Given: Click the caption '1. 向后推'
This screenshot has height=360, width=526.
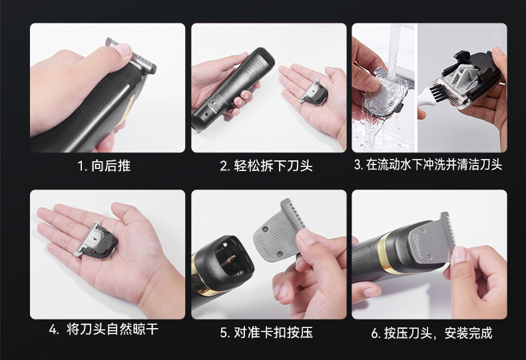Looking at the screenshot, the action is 104,166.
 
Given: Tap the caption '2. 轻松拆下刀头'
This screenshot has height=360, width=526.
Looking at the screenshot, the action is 266,166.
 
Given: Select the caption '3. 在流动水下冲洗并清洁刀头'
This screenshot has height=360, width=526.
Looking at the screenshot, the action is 428,165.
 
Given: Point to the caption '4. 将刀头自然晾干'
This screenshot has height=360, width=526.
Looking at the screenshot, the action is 104,329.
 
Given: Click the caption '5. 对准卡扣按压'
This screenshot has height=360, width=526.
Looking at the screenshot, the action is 267,332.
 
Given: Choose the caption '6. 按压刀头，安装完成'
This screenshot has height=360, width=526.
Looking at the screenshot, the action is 431,333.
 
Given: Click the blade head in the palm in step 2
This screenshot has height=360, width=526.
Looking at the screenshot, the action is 314,92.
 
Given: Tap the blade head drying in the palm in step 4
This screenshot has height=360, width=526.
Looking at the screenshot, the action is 97,240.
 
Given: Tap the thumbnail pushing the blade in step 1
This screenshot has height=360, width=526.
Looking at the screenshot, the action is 123,50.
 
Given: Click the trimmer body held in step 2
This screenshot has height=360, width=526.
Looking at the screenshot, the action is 233,88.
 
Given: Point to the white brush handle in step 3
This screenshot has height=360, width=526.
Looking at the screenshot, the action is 423,97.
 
